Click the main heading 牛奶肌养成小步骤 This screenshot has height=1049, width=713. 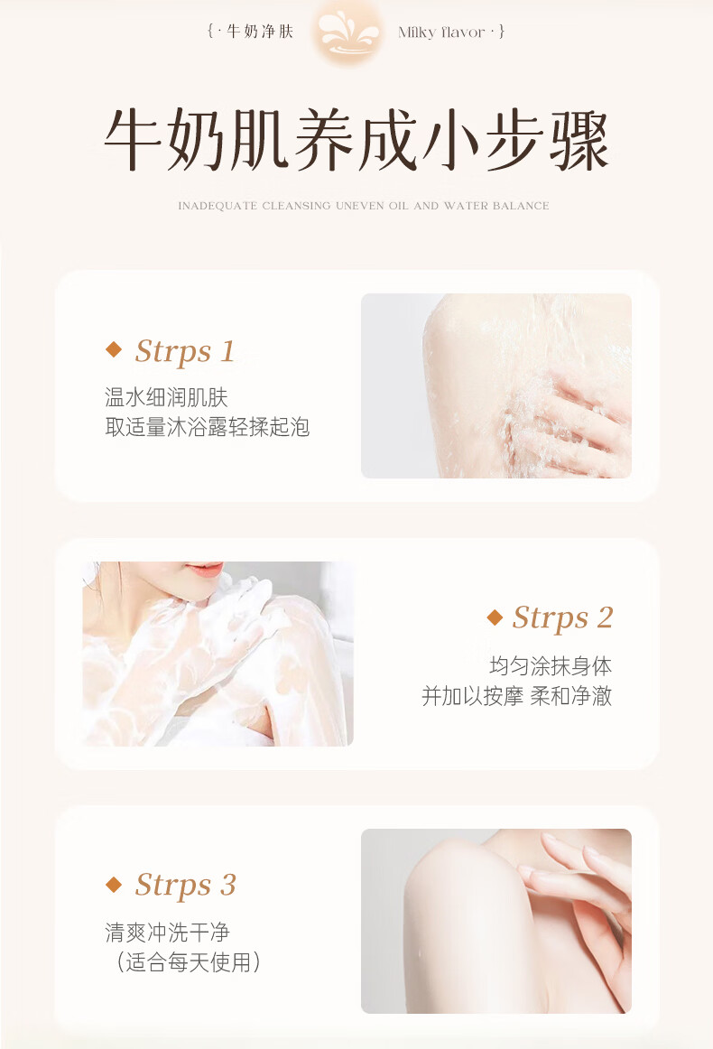pyautogui.click(x=356, y=139)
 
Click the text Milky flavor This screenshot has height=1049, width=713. pyautogui.click(x=441, y=32)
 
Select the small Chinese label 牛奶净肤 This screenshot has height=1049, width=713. pyautogui.click(x=260, y=32)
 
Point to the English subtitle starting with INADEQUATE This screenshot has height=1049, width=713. pyautogui.click(x=363, y=206)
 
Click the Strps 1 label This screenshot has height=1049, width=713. pyautogui.click(x=185, y=351)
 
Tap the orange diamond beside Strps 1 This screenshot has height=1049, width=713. pyautogui.click(x=114, y=348)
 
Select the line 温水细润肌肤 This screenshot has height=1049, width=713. pyautogui.click(x=167, y=397)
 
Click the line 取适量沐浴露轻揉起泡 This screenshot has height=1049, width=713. pyautogui.click(x=208, y=427)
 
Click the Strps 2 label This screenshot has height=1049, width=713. pyautogui.click(x=562, y=617)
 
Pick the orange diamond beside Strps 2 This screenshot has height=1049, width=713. pyautogui.click(x=495, y=617)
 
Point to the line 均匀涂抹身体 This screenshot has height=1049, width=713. pyautogui.click(x=551, y=665)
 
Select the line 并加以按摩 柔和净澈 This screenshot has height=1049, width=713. pyautogui.click(x=516, y=696)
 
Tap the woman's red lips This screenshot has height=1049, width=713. pyautogui.click(x=206, y=569)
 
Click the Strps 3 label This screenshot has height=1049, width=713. pyautogui.click(x=185, y=885)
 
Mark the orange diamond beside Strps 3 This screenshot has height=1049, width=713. pyautogui.click(x=114, y=885)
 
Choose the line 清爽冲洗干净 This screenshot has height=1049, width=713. pyautogui.click(x=167, y=932)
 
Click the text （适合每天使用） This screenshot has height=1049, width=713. pyautogui.click(x=188, y=962)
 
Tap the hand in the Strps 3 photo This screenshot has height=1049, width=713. pyautogui.click(x=582, y=916)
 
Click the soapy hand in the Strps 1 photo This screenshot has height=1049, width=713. pyautogui.click(x=569, y=422)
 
